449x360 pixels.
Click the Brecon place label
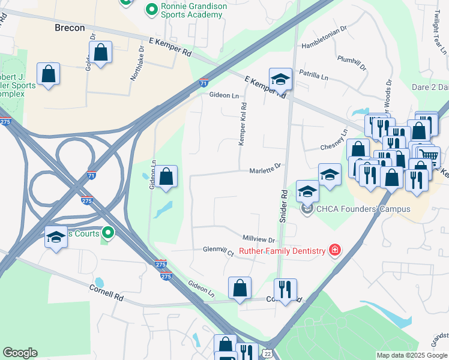(x=69, y=28)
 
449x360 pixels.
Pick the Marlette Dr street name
(x=265, y=170)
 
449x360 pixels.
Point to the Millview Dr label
(x=259, y=239)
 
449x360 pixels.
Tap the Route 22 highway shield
(x=265, y=355)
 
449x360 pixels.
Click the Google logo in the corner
(x=20, y=353)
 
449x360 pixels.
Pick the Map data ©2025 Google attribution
(x=411, y=355)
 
